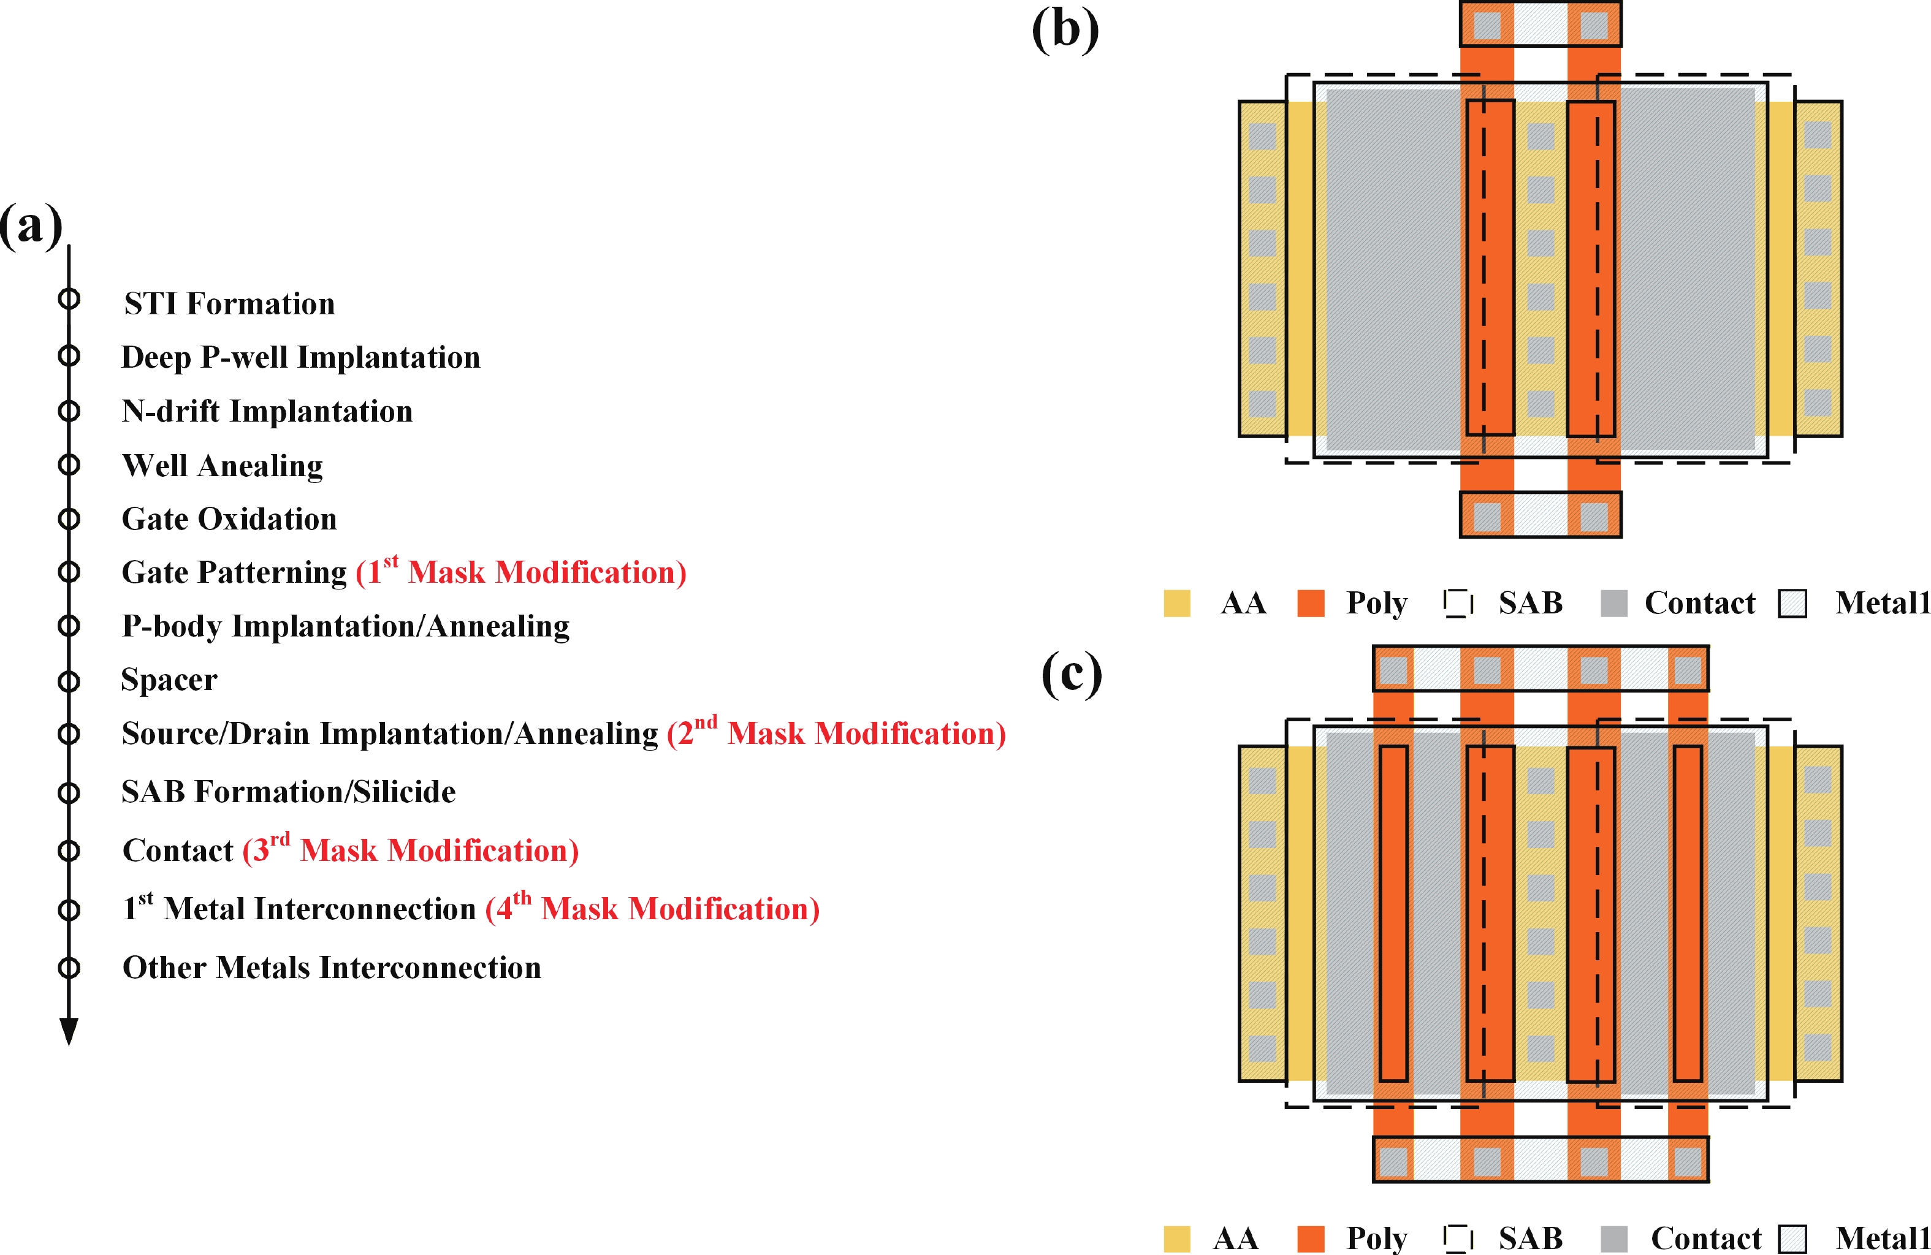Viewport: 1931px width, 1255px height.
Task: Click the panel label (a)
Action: [31, 226]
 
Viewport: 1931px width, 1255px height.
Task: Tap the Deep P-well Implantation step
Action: [300, 357]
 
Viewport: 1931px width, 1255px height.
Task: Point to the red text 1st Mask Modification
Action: [521, 572]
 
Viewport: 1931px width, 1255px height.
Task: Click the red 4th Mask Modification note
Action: [652, 909]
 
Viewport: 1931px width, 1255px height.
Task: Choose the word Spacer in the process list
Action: [169, 679]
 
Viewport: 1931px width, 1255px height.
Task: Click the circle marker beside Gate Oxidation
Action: [69, 518]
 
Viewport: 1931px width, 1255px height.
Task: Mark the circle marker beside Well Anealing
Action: [69, 465]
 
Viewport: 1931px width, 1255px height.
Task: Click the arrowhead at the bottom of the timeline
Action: [69, 1032]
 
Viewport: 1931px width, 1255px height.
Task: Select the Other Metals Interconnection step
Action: [331, 967]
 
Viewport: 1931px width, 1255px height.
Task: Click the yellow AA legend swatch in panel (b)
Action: [1176, 603]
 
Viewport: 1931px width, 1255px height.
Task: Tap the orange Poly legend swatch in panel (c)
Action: [1311, 1239]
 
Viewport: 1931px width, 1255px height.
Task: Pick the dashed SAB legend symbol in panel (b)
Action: [1458, 603]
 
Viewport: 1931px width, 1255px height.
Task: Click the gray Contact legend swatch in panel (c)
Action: [1613, 1239]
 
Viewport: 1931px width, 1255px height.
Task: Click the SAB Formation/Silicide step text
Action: [288, 792]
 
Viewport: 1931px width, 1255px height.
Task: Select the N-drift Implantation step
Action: [267, 411]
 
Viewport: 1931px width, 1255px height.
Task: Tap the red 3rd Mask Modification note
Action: [411, 850]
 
